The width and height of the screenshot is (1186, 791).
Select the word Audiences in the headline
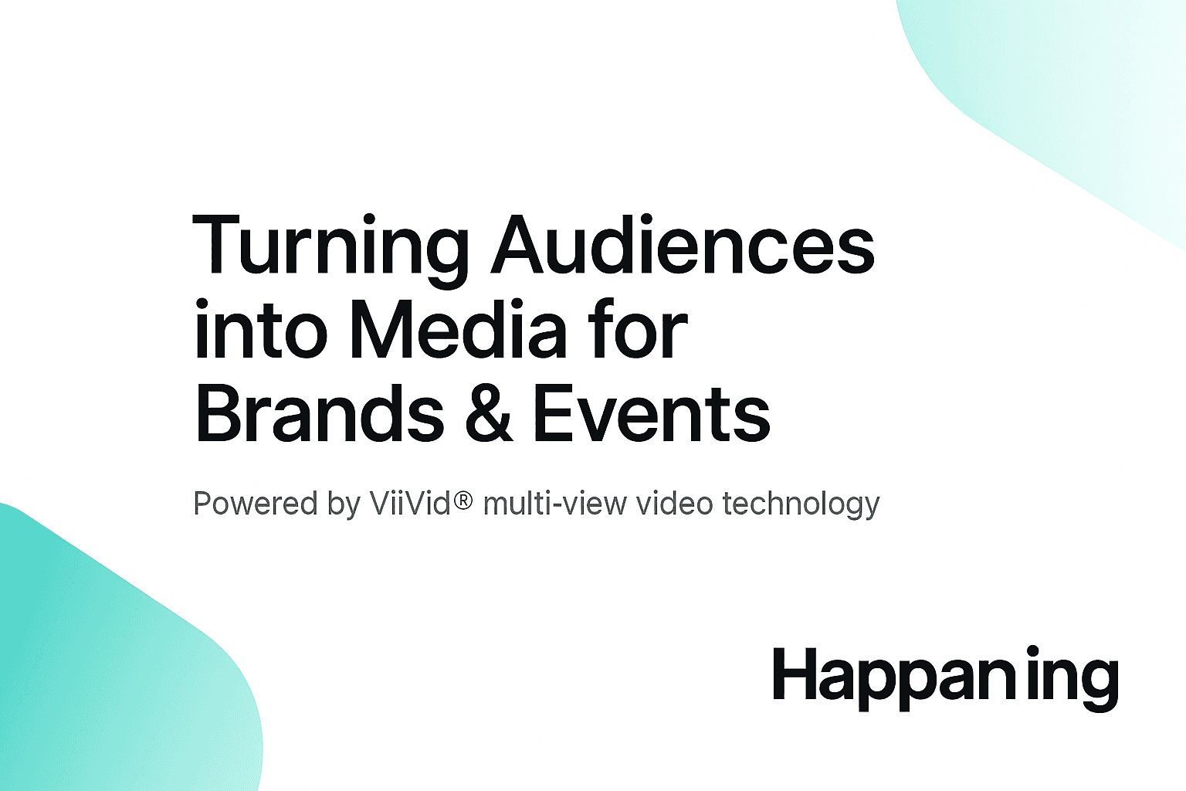[x=683, y=246]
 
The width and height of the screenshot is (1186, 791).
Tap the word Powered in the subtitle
[x=255, y=504]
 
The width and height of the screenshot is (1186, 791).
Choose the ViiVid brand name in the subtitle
[x=410, y=504]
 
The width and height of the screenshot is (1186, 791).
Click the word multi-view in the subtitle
[x=555, y=504]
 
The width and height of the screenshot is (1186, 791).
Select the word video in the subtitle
[x=674, y=504]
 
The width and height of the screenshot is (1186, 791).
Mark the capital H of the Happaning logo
[x=795, y=674]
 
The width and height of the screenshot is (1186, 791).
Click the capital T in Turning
[x=219, y=246]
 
